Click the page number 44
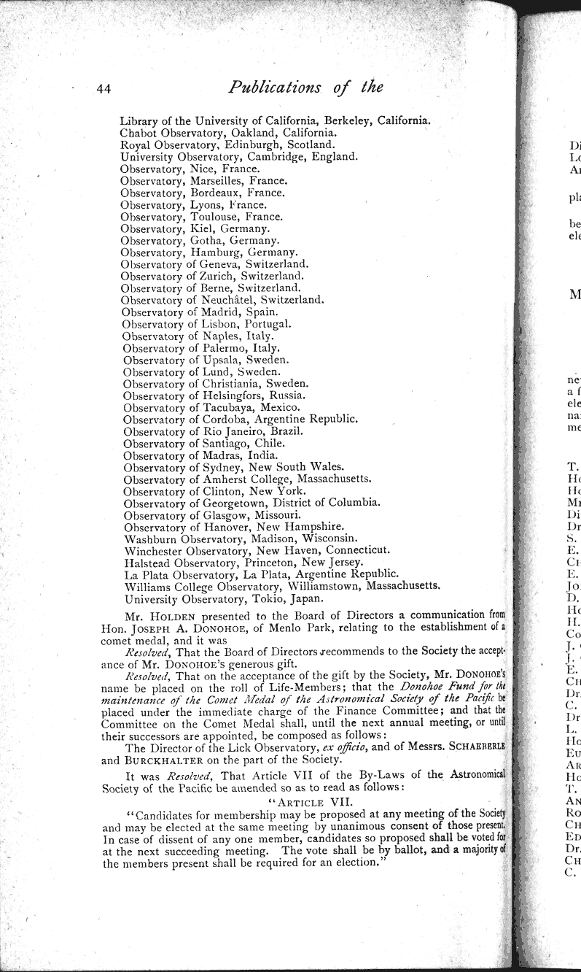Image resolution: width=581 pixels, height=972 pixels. click(x=103, y=89)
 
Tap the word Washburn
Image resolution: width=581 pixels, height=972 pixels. click(x=150, y=538)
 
